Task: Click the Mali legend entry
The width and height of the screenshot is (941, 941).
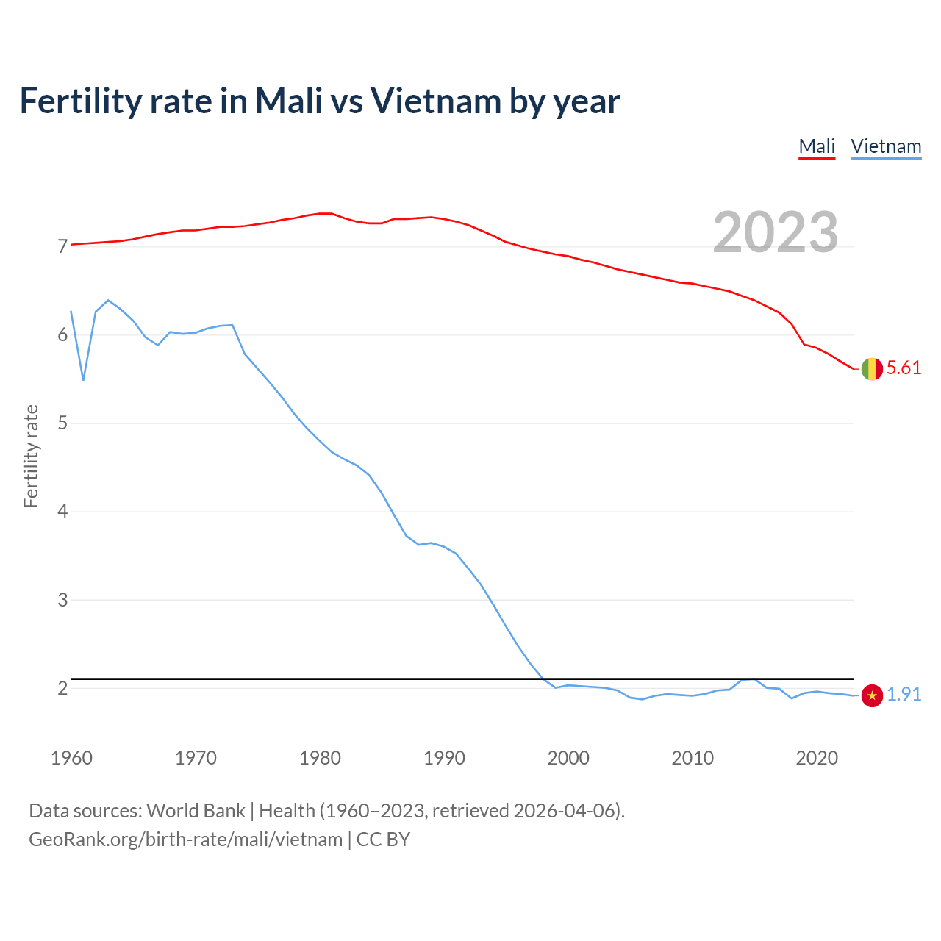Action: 817,146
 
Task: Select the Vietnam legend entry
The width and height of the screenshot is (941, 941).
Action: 886,146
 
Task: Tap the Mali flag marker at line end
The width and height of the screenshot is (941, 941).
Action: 872,368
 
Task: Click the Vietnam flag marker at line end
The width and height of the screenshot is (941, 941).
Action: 872,695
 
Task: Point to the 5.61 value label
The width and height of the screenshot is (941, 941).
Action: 904,368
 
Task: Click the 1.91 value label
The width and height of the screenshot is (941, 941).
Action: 904,695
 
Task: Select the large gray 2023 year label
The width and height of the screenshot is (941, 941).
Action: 775,232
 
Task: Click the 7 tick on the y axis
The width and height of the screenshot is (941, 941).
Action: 62,246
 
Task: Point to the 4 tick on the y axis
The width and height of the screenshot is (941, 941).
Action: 62,511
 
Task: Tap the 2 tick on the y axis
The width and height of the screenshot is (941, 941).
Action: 62,688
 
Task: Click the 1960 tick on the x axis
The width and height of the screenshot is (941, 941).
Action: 71,758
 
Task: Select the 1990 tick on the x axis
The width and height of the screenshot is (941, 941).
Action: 444,758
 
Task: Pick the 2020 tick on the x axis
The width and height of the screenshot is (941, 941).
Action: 817,758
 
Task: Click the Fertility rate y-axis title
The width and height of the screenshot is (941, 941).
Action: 31,456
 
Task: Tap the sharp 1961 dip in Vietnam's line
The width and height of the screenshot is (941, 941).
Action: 83,379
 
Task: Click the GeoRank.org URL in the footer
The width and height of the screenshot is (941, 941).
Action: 185,840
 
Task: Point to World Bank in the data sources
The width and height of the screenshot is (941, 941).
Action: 196,811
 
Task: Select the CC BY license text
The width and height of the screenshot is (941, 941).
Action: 383,840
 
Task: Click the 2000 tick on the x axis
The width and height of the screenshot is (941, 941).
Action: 568,758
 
